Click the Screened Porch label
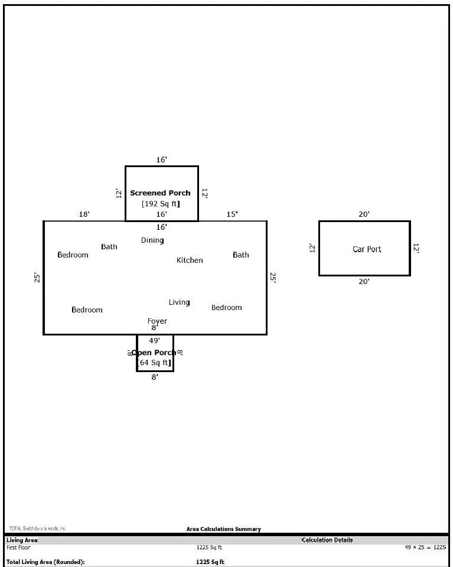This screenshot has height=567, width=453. tap(160, 193)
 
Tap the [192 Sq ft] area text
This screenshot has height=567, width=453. tap(161, 204)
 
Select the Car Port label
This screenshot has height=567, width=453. tap(367, 249)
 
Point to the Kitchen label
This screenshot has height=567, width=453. tap(190, 260)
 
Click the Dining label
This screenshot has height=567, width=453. tap(152, 240)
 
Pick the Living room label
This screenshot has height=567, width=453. tap(179, 302)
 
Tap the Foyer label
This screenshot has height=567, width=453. tap(157, 321)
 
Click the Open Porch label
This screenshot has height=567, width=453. tap(154, 353)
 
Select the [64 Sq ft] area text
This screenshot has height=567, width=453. tap(155, 363)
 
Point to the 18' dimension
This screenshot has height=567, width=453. tap(84, 214)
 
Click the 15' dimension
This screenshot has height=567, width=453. tap(233, 214)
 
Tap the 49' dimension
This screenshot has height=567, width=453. tap(154, 340)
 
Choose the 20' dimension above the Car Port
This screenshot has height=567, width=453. tap(364, 214)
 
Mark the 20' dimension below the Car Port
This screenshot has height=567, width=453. tap(364, 282)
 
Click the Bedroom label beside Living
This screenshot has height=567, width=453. tap(227, 308)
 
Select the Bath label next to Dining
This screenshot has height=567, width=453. tap(109, 247)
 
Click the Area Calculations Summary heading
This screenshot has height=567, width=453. tap(223, 529)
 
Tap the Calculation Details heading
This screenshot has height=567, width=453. tap(327, 540)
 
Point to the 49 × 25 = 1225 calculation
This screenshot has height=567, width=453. tap(425, 548)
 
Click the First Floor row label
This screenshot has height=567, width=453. tap(18, 548)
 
